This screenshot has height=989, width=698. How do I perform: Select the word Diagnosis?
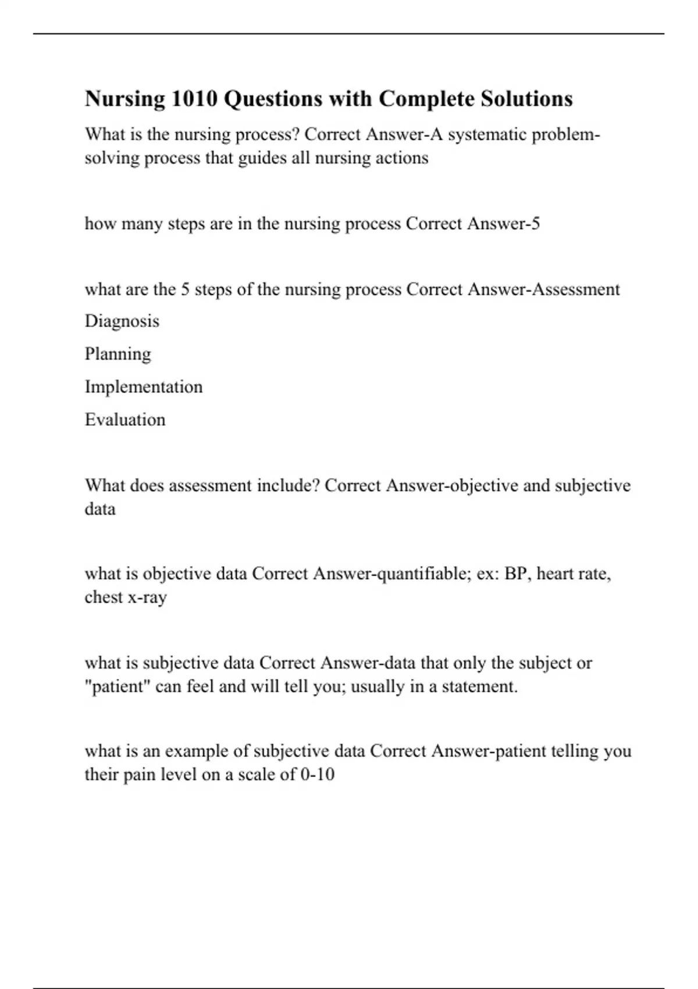[122, 321]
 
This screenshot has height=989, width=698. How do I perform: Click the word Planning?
[118, 354]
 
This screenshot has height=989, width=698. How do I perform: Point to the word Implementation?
[144, 387]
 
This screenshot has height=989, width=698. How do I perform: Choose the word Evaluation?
[125, 420]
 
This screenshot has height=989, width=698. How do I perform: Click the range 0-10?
[318, 775]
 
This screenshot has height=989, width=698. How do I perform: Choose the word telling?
[575, 751]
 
